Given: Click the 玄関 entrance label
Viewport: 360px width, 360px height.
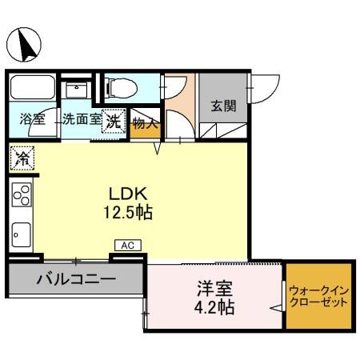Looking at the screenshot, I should click(x=223, y=106).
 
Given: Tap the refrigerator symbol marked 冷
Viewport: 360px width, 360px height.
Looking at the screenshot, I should click(x=22, y=158).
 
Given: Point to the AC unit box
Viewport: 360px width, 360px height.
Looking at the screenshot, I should click(x=126, y=246).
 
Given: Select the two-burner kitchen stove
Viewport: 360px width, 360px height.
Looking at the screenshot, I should click(x=21, y=195).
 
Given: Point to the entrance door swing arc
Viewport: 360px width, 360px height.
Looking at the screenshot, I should click(x=267, y=86).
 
